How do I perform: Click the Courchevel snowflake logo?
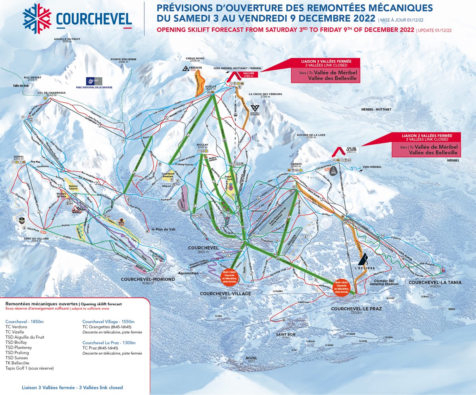(x=37, y=18)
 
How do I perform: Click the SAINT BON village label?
(x=286, y=334)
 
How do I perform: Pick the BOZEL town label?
(x=251, y=358)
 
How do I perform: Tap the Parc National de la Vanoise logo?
(x=94, y=82)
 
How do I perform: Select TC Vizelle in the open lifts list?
(x=15, y=332)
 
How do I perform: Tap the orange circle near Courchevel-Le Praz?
(x=341, y=286)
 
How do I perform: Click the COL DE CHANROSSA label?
(x=52, y=93)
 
